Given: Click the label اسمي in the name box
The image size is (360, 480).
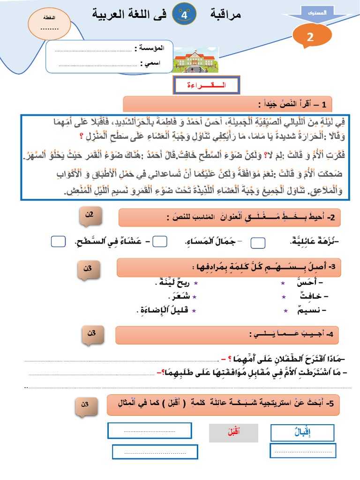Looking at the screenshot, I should click(x=153, y=63).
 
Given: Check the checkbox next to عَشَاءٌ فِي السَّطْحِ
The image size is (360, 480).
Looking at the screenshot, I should click(x=59, y=241).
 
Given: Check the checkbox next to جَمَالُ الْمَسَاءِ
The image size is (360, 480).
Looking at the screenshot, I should click(x=160, y=241).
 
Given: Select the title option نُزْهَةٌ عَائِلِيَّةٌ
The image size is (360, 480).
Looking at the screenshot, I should click(x=315, y=241).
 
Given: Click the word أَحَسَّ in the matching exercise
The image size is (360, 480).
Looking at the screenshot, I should click(x=315, y=284).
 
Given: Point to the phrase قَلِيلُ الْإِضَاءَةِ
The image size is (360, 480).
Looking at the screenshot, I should click(x=164, y=310).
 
